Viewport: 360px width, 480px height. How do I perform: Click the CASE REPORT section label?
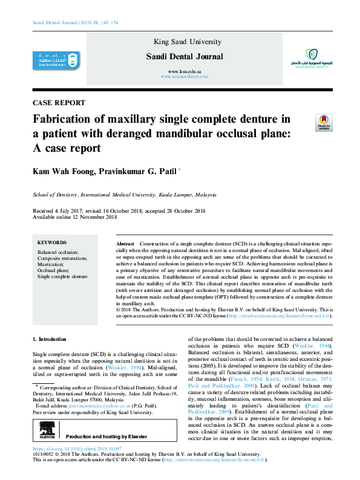(58, 102)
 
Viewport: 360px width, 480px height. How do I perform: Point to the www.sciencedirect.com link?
(185, 77)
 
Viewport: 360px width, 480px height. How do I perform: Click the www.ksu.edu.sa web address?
(185, 72)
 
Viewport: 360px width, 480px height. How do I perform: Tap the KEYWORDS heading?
(51, 242)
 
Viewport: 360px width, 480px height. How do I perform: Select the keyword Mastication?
(51, 265)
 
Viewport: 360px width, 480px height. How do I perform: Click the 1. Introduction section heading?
(50, 339)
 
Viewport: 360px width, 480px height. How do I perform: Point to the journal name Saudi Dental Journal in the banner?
(185, 57)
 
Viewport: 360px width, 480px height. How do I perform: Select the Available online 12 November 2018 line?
(75, 217)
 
